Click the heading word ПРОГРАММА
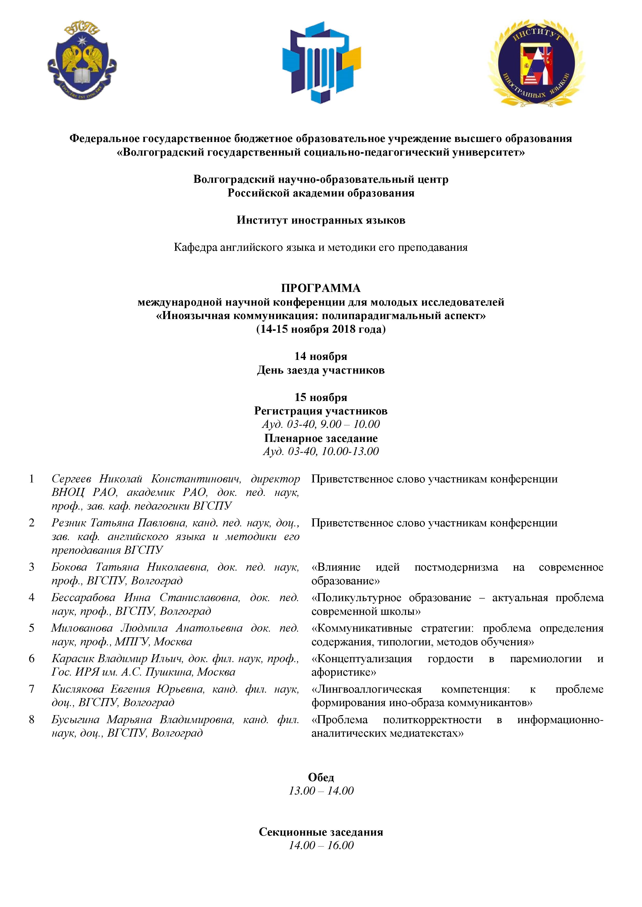click(321, 288)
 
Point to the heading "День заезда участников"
click(321, 370)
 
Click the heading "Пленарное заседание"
click(321, 438)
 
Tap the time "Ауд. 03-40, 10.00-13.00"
click(321, 451)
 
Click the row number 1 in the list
click(32, 479)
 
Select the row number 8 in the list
click(32, 719)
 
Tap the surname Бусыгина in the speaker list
click(75, 719)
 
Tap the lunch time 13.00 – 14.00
click(321, 790)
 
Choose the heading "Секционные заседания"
click(321, 832)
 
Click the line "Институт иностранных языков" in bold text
click(321, 220)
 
